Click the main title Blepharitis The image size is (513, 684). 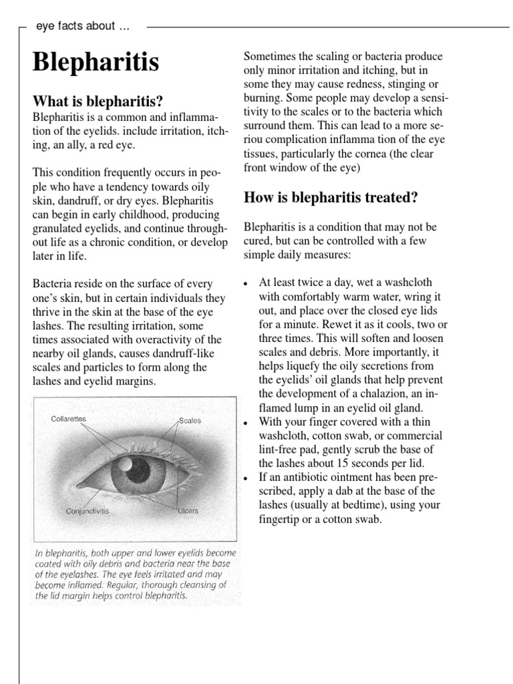pyautogui.click(x=96, y=63)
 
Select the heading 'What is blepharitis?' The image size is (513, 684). pyautogui.click(x=98, y=102)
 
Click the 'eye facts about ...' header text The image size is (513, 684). pyautogui.click(x=83, y=27)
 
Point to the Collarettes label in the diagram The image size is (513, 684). pyautogui.click(x=69, y=419)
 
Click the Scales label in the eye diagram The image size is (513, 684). pyautogui.click(x=190, y=421)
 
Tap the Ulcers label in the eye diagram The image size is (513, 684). pyautogui.click(x=188, y=511)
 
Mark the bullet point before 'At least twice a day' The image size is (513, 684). pyautogui.click(x=247, y=282)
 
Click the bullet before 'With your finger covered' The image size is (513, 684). pyautogui.click(x=247, y=422)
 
